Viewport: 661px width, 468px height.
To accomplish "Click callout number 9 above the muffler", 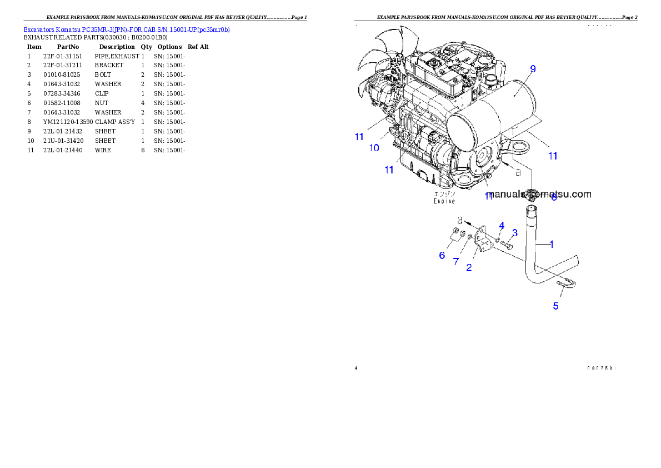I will point(533,69).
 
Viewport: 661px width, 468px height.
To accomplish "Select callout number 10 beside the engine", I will point(374,148).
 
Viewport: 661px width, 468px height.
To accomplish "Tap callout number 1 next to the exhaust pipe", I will point(552,243).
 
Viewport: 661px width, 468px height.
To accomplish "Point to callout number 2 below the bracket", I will point(469,267).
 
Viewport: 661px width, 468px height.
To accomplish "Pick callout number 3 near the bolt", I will point(515,232).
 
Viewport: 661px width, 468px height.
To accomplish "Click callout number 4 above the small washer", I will point(502,225).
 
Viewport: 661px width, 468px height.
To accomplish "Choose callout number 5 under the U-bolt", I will point(555,306).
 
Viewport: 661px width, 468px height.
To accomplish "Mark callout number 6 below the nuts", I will point(442,255).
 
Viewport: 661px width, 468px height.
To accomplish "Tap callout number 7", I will point(456,261).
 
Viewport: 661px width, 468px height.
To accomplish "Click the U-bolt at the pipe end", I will point(567,285).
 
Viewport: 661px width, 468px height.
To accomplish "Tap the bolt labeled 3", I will point(506,243).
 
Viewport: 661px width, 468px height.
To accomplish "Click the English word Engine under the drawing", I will point(444,201).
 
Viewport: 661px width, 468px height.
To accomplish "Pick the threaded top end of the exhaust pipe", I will point(530,211).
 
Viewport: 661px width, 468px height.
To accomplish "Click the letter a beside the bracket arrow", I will point(460,221).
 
